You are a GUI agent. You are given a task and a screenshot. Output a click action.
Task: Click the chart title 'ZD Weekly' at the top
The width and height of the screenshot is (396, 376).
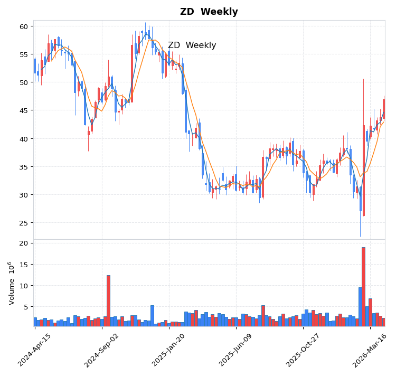coord(209,12)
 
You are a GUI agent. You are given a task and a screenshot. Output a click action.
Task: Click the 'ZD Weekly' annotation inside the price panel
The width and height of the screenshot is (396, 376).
coord(192,45)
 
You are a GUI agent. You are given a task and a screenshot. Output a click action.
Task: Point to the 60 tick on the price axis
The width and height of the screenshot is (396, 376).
coord(23,26)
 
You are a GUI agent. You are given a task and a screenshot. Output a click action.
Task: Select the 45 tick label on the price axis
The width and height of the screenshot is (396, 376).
coord(23,110)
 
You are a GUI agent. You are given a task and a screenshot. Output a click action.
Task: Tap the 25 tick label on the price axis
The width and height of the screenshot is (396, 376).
coord(23,223)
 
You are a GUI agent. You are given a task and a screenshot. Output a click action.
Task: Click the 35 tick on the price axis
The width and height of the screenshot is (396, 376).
coord(23,167)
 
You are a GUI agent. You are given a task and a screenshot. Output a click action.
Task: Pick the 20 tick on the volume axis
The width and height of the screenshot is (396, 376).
coord(23,243)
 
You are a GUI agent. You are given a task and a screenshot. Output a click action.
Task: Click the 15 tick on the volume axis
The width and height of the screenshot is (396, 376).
coord(23,265)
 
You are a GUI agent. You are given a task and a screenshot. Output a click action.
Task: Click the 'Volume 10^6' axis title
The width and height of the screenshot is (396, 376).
coord(11,283)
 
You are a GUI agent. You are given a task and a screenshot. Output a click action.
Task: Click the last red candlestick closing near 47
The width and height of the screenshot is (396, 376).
coord(384,109)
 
